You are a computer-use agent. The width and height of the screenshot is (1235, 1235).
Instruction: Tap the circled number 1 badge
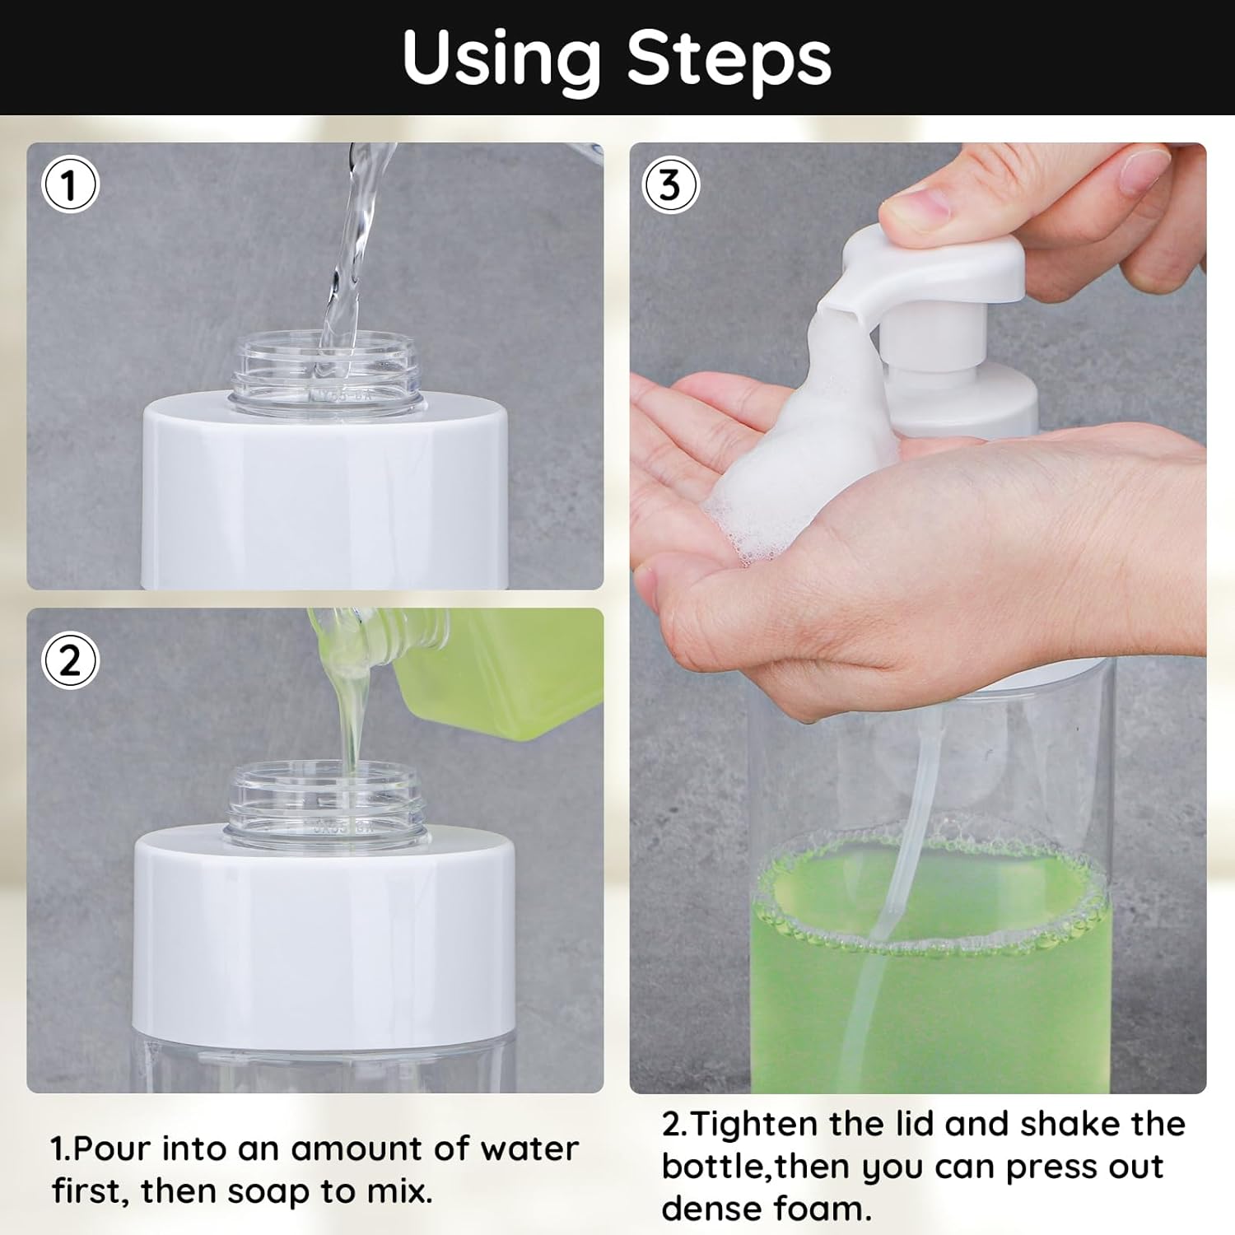(x=70, y=184)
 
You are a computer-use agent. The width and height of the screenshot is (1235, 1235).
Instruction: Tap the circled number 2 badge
(x=70, y=660)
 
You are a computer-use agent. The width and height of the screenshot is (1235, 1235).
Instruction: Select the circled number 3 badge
(x=670, y=184)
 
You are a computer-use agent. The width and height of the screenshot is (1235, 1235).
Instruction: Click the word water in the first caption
(x=529, y=1149)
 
